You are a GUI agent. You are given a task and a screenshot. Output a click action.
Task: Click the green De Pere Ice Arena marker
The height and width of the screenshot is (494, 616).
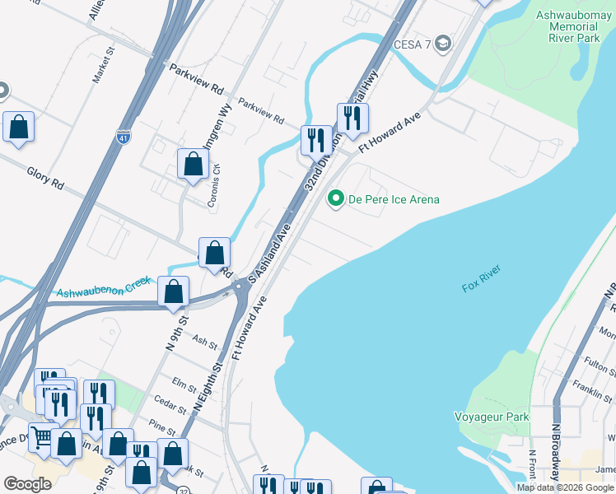[x=335, y=199]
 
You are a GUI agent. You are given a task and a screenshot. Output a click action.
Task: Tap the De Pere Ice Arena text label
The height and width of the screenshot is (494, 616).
[x=393, y=199]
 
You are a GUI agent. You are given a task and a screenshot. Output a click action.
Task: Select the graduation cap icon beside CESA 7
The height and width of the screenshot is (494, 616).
[x=444, y=43]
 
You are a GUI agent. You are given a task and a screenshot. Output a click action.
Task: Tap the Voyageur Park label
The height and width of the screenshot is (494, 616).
[x=492, y=417]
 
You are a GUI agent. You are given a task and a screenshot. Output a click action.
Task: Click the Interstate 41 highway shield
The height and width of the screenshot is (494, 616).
[x=124, y=137]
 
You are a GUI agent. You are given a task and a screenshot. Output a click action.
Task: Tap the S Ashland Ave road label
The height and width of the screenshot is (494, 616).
[x=271, y=254]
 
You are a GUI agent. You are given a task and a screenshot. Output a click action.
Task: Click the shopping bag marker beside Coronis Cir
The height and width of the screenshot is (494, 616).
[x=193, y=164]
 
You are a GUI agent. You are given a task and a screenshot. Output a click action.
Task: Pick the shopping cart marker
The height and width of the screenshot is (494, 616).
[x=41, y=437]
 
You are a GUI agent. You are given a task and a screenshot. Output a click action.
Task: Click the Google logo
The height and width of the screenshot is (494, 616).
[x=27, y=484]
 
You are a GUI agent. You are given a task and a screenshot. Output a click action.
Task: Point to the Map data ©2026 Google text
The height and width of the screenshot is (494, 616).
[x=565, y=487]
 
